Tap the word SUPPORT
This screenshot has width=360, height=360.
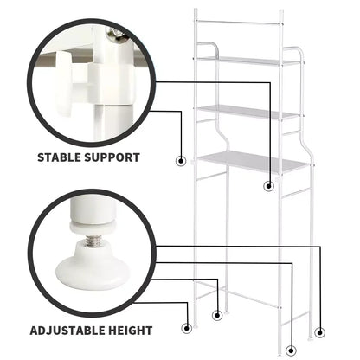tap(112, 157)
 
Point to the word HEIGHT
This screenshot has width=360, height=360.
tap(130, 331)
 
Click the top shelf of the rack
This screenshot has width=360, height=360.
tap(248, 61)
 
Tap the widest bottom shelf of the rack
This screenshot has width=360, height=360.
tap(253, 162)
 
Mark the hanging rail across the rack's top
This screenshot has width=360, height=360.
tap(238, 22)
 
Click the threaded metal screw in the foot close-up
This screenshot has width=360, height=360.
tap(93, 241)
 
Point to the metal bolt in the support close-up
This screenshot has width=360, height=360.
tap(115, 34)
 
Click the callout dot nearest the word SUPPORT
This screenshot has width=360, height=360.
tap(181, 161)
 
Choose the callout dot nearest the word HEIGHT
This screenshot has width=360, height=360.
tap(187, 328)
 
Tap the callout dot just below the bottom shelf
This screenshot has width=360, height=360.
tap(269, 186)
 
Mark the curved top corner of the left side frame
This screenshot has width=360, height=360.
tap(210, 46)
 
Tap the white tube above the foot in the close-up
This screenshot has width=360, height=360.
tap(92, 210)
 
